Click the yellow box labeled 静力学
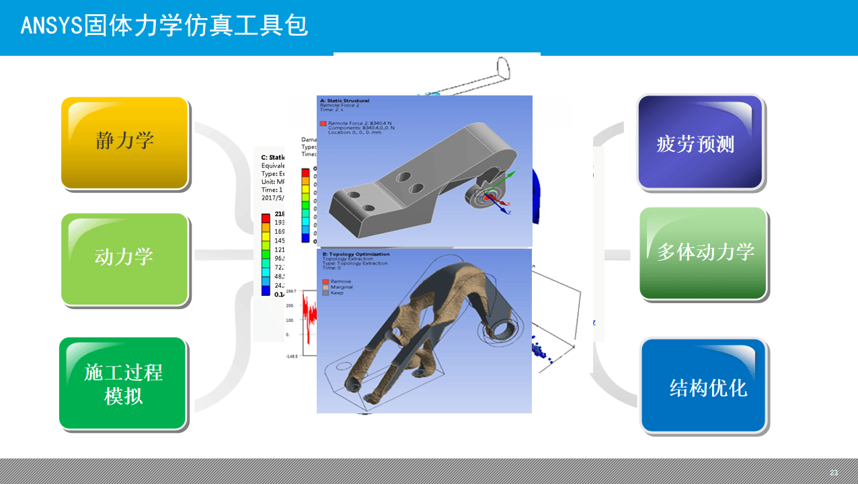pyautogui.click(x=124, y=143)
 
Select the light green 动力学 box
pyautogui.click(x=124, y=259)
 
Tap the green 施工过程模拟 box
pyautogui.click(x=123, y=383)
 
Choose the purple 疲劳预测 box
pyautogui.click(x=699, y=143)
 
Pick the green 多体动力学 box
pyautogui.click(x=703, y=253)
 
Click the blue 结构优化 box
pyautogui.click(x=704, y=386)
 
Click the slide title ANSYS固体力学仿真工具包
pyautogui.click(x=165, y=26)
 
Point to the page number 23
pyautogui.click(x=834, y=473)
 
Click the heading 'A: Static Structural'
pyautogui.click(x=344, y=101)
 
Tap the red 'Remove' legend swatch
pyautogui.click(x=325, y=282)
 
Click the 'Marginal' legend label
pyautogui.click(x=342, y=287)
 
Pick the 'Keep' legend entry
pyautogui.click(x=337, y=292)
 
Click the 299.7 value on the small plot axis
pyautogui.click(x=291, y=292)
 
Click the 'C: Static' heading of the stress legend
pyautogui.click(x=273, y=157)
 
